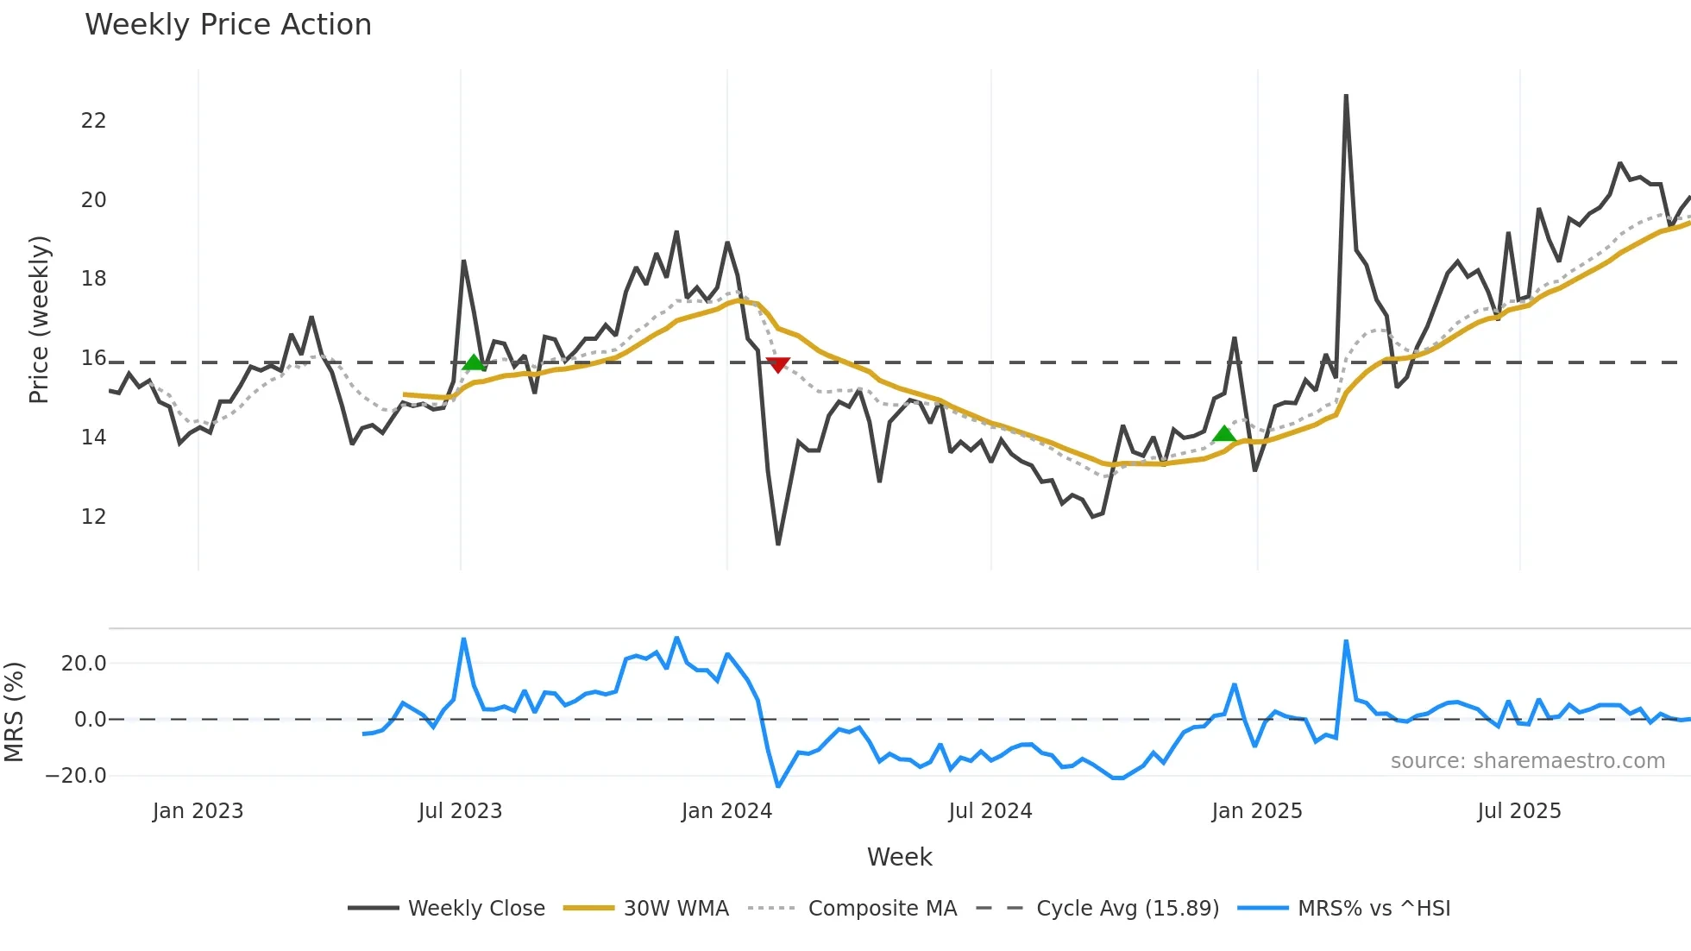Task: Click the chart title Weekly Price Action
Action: [228, 24]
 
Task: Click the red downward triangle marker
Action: [777, 365]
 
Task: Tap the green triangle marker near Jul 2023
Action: [473, 362]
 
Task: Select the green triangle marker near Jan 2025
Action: [1223, 433]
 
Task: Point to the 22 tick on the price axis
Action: [93, 121]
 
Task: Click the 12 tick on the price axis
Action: [93, 517]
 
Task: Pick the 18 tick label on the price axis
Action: [93, 279]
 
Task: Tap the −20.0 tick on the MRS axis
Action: [76, 775]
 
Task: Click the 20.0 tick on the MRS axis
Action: [84, 664]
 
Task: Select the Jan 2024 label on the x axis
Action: [726, 811]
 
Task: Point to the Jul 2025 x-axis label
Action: [1518, 811]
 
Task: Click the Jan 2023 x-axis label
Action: [198, 811]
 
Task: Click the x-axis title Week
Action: [899, 857]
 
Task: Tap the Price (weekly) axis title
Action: [39, 319]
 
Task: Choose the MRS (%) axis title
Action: [14, 712]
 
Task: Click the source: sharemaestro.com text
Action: [1527, 761]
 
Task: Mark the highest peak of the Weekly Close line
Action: [1346, 96]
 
